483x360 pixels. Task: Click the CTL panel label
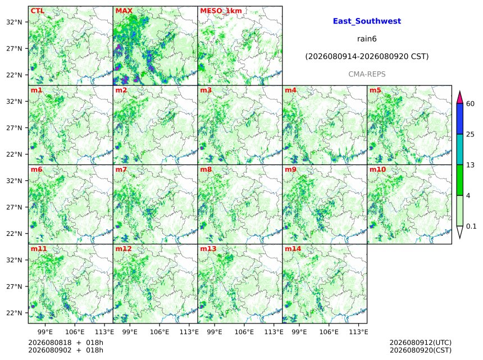[x=37, y=11]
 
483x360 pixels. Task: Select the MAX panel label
[x=124, y=11]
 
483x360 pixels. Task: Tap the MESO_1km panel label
[x=221, y=11]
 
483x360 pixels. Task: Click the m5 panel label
[x=375, y=90]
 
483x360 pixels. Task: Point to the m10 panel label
[x=377, y=170]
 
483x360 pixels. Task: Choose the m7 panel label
[x=121, y=170]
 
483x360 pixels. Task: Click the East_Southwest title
[x=367, y=21]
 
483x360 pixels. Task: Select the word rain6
[x=367, y=39]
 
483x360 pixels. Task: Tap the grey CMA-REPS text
[x=367, y=74]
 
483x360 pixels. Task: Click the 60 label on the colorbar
[x=470, y=104]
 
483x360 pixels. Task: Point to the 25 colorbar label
[x=470, y=134]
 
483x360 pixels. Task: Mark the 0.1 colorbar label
[x=471, y=226]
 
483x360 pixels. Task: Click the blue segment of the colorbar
[x=459, y=119]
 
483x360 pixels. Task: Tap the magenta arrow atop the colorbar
[x=459, y=98]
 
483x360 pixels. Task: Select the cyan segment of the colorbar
[x=459, y=149]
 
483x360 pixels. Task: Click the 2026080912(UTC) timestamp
[x=421, y=343]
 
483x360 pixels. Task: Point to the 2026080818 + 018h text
[x=66, y=343]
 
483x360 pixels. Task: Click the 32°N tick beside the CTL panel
[x=14, y=22]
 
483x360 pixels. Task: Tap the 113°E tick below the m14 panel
[x=359, y=332]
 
